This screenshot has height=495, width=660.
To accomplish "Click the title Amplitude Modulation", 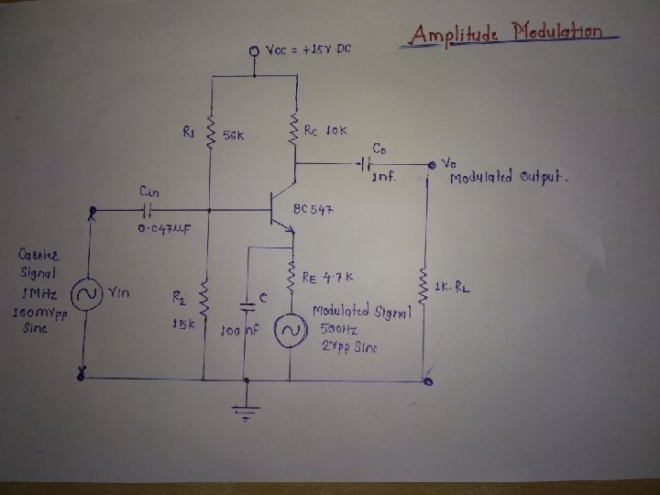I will tap(506, 35).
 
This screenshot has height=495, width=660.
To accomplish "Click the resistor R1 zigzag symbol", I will tap(211, 133).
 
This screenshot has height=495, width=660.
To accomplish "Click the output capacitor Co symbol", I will tap(367, 165).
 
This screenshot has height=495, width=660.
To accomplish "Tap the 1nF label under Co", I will tap(383, 178).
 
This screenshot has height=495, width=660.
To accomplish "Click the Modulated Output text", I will tap(509, 177).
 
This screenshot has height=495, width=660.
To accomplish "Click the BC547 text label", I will tap(313, 210).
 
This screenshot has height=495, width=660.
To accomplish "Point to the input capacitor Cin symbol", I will tap(146, 211).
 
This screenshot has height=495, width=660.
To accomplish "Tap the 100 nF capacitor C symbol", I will tap(247, 302).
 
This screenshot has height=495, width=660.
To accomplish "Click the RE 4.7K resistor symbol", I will tap(291, 280).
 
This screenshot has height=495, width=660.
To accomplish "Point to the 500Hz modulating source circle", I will tap(291, 329).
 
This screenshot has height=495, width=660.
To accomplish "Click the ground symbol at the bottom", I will tap(247, 410).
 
